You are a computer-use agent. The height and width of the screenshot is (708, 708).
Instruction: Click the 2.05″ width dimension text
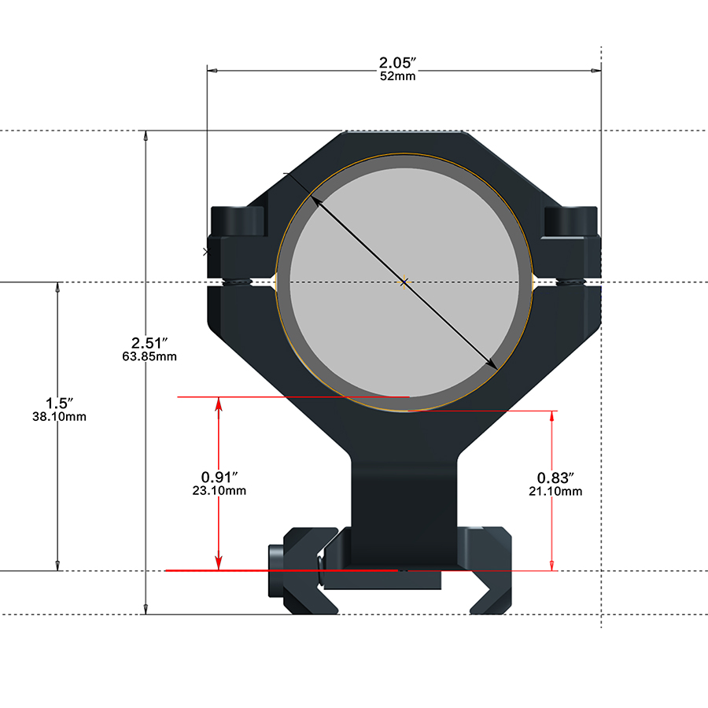point(397,63)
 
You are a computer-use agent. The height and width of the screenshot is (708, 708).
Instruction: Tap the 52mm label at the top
point(397,76)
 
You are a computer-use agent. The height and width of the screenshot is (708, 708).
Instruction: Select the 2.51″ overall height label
point(149,343)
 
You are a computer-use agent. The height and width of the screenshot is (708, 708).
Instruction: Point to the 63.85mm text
point(149,356)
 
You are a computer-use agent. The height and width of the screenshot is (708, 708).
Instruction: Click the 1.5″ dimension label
point(59,404)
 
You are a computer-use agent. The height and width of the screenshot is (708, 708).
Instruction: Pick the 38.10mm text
point(59,417)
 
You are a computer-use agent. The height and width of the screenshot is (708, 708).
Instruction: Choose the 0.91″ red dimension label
point(219,477)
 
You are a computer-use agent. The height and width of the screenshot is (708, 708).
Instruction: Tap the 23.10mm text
point(219,491)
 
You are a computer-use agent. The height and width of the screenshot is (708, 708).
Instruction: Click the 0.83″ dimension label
point(555,478)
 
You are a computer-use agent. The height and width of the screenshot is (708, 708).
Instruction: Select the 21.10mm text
point(555,492)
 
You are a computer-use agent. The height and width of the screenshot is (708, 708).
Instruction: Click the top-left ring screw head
point(238,221)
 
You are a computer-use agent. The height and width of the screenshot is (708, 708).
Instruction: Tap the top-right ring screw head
point(571,221)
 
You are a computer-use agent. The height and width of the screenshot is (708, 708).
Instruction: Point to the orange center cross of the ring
point(404,282)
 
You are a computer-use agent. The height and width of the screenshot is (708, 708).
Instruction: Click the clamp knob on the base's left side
point(276,571)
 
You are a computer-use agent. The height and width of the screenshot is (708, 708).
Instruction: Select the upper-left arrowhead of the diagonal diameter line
point(315,199)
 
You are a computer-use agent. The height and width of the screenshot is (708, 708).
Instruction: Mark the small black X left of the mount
point(207,252)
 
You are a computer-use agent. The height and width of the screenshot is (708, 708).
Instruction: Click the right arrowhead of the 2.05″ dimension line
point(596,71)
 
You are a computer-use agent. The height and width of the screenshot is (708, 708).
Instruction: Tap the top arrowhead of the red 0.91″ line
point(219,404)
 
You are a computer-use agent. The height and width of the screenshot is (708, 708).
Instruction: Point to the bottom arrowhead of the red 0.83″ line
point(551,565)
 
